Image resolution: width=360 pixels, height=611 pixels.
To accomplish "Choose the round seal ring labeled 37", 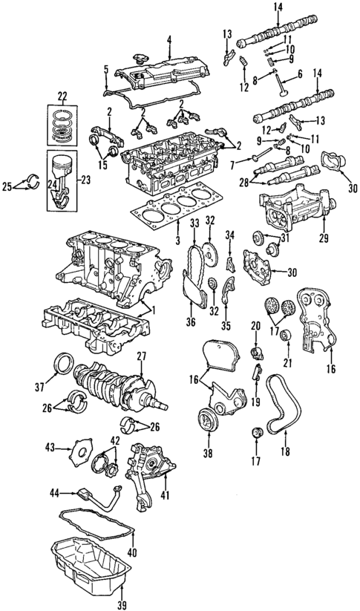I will coord(63,366).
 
